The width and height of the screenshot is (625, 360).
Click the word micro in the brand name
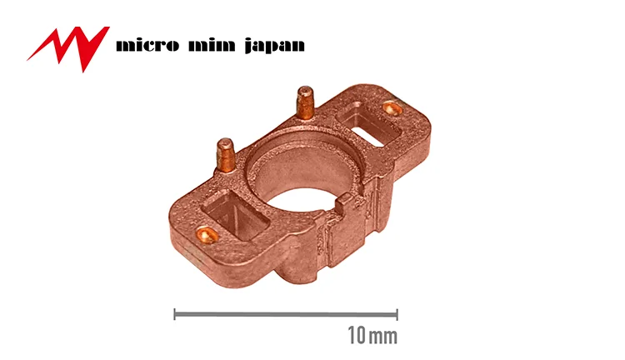(x=147, y=45)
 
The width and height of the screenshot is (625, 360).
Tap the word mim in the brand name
(x=212, y=45)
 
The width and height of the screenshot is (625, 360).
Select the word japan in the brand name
(x=275, y=46)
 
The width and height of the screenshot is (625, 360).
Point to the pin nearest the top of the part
(x=305, y=102)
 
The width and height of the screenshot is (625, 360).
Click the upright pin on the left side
(x=226, y=155)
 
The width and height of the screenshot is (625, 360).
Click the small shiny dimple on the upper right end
(x=392, y=107)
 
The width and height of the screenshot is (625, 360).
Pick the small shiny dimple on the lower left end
(x=207, y=234)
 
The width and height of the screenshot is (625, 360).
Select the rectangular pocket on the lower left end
(x=236, y=214)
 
